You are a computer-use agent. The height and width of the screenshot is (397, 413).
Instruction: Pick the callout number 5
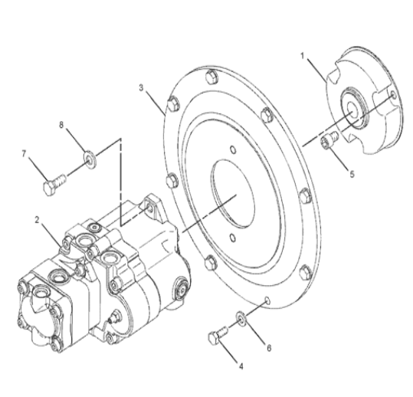pos(352,173)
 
